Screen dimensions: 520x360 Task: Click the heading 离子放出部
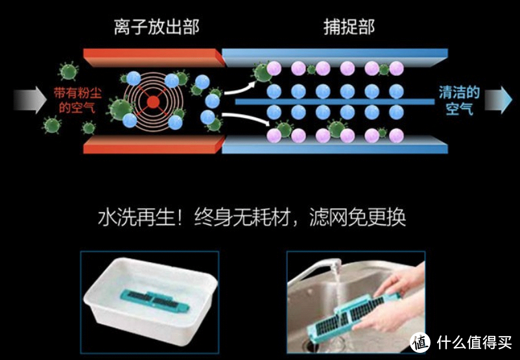(x=156, y=27)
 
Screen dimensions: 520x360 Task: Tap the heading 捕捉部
(x=349, y=27)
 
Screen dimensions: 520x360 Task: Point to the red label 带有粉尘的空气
(x=77, y=100)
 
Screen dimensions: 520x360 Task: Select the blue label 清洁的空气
(x=459, y=100)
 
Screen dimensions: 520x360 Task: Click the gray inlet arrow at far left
(x=30, y=100)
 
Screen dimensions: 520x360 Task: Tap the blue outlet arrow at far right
(x=499, y=100)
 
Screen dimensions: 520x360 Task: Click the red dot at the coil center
(x=153, y=102)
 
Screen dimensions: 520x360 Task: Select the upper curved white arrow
(x=240, y=89)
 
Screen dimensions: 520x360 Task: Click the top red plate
(x=154, y=57)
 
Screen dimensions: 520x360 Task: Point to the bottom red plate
(x=154, y=145)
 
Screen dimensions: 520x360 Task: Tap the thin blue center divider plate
(x=335, y=102)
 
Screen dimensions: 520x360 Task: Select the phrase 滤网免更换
(x=357, y=217)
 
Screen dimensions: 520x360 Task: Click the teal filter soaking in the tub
(x=155, y=300)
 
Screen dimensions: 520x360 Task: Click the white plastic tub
(x=151, y=300)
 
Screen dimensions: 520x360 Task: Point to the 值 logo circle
(x=420, y=342)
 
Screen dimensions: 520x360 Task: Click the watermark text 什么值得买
(x=474, y=342)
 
